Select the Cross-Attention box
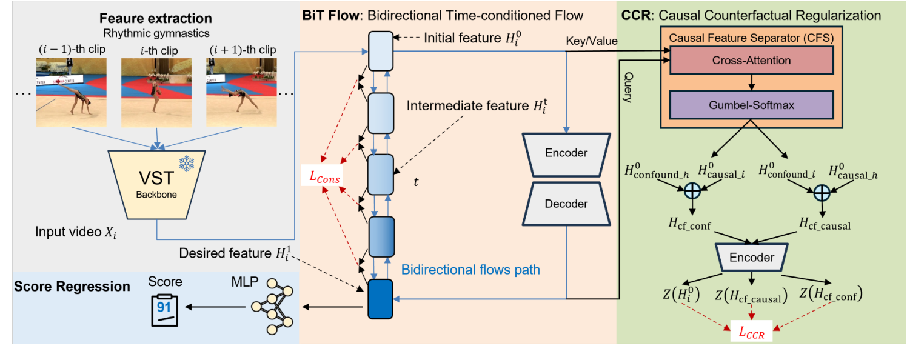click(751, 61)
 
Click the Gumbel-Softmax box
click(751, 105)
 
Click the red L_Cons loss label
click(322, 179)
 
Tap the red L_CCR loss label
click(751, 332)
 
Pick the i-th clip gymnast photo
click(156, 87)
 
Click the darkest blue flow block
click(381, 299)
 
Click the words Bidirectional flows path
click(470, 270)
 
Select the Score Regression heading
click(72, 285)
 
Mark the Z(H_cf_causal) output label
click(751, 295)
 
